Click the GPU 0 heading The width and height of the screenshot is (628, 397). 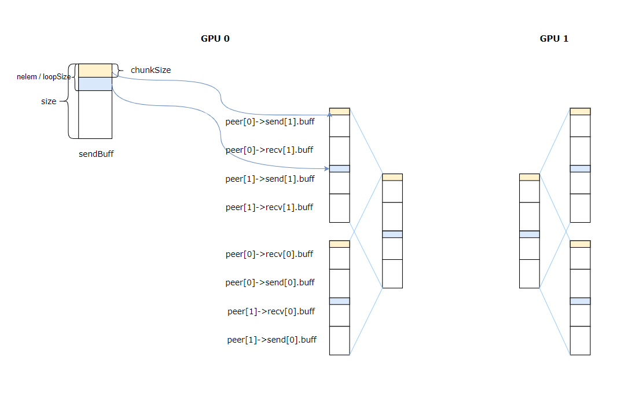click(x=215, y=39)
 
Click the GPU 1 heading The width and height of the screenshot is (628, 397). click(x=554, y=39)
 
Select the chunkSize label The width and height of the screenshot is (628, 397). click(x=150, y=70)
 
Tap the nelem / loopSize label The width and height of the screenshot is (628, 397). click(x=43, y=76)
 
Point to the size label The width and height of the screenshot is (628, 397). click(x=49, y=101)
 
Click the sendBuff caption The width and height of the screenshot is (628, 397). click(x=96, y=155)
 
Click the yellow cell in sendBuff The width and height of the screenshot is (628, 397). click(x=95, y=70)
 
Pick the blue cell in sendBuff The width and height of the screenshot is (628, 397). click(x=95, y=84)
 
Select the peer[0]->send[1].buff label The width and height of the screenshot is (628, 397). click(x=270, y=122)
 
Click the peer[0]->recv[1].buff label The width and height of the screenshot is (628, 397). click(x=269, y=150)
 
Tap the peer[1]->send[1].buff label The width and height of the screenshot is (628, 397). click(x=270, y=179)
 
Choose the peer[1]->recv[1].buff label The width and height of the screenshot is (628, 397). click(x=269, y=207)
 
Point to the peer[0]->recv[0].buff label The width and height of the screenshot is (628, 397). click(x=269, y=254)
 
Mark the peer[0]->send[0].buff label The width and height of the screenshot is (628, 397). click(x=270, y=282)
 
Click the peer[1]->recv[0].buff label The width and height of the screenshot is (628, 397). click(x=271, y=311)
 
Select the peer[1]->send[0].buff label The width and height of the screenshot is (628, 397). click(x=271, y=340)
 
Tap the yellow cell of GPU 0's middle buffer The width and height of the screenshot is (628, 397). click(x=392, y=177)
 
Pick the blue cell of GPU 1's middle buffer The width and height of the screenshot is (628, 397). click(x=529, y=234)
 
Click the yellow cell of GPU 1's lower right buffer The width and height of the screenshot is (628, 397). click(x=580, y=244)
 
